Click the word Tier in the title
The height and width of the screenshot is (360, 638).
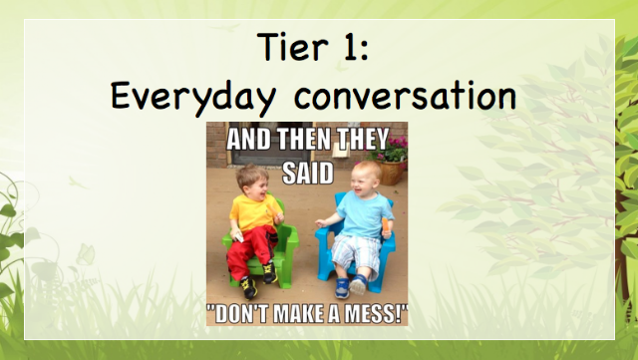click(x=292, y=47)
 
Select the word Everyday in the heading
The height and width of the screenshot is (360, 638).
click(x=193, y=96)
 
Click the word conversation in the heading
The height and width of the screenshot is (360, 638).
click(x=406, y=96)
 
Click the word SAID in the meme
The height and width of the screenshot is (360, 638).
click(x=308, y=174)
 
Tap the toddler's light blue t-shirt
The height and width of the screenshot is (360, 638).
click(x=364, y=214)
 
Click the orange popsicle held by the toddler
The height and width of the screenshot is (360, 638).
click(x=386, y=225)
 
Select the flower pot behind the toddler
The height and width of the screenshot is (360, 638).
click(x=391, y=172)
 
